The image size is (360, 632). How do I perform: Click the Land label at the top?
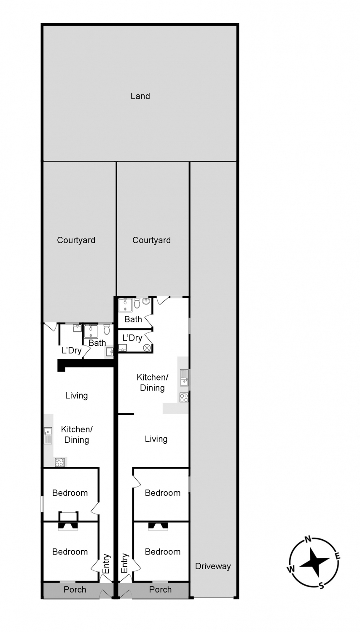coord(140,96)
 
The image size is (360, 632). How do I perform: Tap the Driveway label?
coord(213,566)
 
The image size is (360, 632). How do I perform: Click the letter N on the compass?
coord(308,539)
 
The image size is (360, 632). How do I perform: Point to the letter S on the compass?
coord(321,586)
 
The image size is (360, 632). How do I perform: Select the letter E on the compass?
coord(337,557)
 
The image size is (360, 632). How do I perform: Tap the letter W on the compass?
coord(291,569)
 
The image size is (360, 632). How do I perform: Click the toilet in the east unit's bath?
coord(137,303)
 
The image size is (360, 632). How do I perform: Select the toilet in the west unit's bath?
coord(107,329)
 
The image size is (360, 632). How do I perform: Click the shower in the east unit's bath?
coord(125,305)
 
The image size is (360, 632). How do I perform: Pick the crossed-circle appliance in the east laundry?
coord(147,348)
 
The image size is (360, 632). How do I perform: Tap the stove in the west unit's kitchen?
coord(60,463)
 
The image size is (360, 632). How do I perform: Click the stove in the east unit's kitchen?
coord(184,398)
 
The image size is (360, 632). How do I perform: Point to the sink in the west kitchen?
coord(48,436)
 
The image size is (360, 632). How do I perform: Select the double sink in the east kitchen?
coord(184,378)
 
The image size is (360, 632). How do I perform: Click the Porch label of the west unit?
coord(75,589)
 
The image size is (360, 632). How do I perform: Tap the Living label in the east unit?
coord(156,439)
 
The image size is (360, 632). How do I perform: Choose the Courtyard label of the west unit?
coord(76,241)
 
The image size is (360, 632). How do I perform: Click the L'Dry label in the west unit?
coord(72,351)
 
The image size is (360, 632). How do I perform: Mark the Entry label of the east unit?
coord(124,563)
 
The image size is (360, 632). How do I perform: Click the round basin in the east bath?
coord(146,301)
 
